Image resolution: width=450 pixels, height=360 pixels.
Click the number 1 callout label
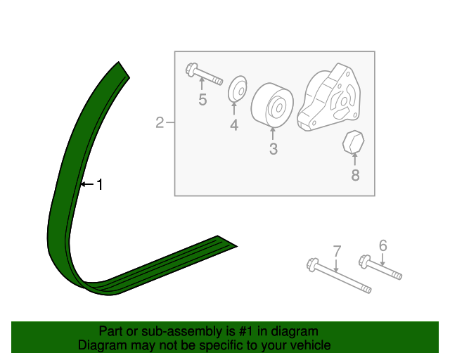[x=100, y=184]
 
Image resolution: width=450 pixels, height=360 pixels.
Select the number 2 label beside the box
[x=160, y=122]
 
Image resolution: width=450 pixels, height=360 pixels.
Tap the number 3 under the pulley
[x=274, y=149]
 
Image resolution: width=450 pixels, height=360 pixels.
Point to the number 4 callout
[x=234, y=125]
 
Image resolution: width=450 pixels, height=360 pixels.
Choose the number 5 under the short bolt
[x=202, y=100]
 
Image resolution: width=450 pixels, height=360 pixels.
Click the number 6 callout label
[x=383, y=245]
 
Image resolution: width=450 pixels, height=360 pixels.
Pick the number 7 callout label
[x=337, y=251]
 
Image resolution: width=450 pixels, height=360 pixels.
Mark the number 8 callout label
[x=355, y=175]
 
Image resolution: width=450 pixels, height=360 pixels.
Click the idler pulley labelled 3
[x=272, y=105]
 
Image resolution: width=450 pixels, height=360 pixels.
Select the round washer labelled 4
[x=238, y=89]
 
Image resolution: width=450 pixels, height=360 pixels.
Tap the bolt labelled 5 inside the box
[x=204, y=74]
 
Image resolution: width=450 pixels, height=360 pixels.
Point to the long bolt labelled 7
[x=339, y=276]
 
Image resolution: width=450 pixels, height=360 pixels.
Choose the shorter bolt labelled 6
[x=380, y=266]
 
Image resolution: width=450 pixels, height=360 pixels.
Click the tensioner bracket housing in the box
[x=329, y=98]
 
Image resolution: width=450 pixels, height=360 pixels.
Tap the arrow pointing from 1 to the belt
[x=87, y=184]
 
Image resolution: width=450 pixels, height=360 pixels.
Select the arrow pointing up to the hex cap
[x=355, y=160]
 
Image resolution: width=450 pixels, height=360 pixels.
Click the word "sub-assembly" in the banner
[x=182, y=331]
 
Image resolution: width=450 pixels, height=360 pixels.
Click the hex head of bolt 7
[x=312, y=264]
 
